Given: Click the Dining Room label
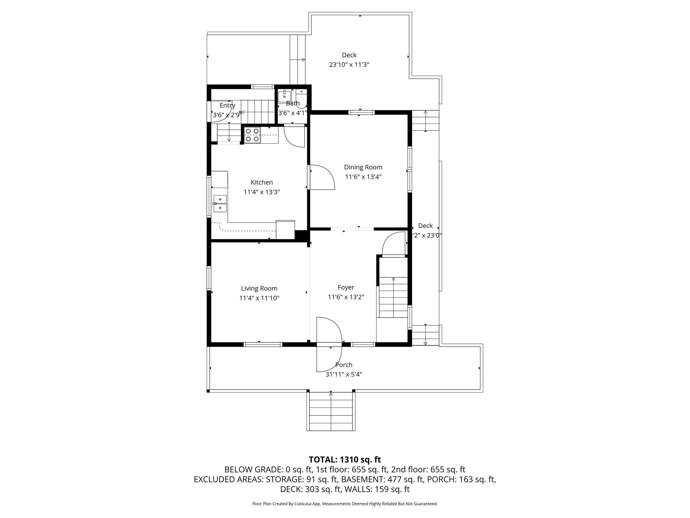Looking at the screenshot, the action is [x=363, y=167].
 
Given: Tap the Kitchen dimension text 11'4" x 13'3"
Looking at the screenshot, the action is [x=262, y=192].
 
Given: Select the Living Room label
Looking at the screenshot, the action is [x=259, y=288].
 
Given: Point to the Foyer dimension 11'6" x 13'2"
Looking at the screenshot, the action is [x=346, y=297].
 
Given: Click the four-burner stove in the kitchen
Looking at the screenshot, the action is [x=252, y=135].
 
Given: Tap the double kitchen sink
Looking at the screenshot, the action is [x=220, y=204].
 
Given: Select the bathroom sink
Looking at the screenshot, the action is [x=284, y=95].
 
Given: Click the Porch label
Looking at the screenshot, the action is [x=344, y=365].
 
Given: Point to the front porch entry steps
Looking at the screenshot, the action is [x=331, y=411].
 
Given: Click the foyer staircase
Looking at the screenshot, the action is [x=393, y=297].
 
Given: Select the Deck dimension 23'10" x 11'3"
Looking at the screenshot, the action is [x=349, y=65].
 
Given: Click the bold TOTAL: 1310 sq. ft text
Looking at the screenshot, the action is [x=345, y=460].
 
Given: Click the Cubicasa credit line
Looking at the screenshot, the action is [x=345, y=504].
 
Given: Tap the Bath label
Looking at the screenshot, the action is [x=293, y=103].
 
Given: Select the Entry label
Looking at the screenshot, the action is [x=227, y=105].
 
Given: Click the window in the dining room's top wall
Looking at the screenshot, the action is [x=361, y=113].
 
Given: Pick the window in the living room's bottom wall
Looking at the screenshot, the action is [x=263, y=345].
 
